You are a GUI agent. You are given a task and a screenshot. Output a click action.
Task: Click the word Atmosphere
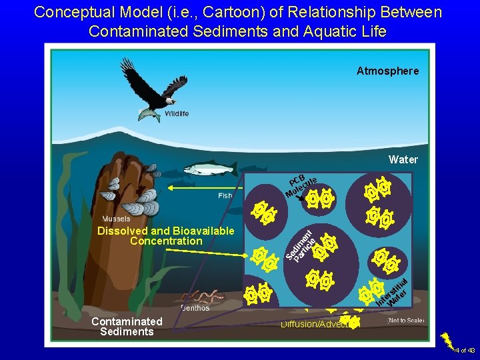(x=387, y=71)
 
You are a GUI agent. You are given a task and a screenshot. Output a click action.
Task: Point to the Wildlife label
(x=177, y=114)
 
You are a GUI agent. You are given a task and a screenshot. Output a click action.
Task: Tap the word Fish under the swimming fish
(x=225, y=195)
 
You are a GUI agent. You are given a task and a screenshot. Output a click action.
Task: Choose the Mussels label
(x=116, y=219)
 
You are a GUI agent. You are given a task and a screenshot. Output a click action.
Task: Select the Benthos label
(x=195, y=308)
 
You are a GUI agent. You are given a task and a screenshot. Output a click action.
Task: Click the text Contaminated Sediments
(x=127, y=327)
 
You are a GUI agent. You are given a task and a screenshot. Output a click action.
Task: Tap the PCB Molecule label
(x=301, y=186)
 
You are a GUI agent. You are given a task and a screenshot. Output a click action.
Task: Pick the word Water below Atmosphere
(x=403, y=159)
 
